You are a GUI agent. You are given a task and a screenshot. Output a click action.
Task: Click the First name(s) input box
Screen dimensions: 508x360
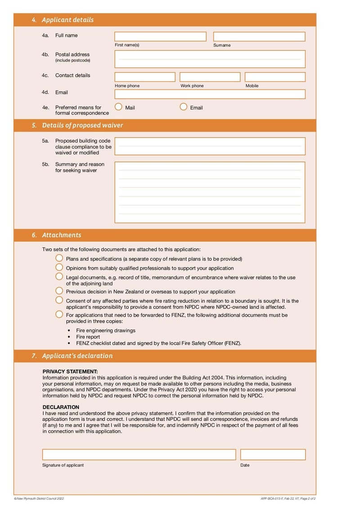pos(160,37)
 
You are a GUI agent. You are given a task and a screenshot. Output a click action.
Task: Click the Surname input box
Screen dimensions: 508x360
pos(259,37)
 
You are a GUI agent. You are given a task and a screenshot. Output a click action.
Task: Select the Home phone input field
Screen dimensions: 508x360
pos(145,77)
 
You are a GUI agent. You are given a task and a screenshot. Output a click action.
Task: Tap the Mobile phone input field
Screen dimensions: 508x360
pos(275,77)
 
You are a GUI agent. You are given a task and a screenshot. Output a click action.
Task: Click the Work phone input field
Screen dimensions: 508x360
pos(210,77)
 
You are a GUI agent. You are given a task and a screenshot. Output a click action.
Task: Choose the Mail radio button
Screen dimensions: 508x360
pos(118,107)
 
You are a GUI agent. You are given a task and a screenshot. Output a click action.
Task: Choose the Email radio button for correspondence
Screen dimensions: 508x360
pos(184,107)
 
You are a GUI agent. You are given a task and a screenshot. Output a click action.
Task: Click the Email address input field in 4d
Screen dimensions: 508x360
pos(210,94)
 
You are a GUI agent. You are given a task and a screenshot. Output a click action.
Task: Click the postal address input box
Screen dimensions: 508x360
pos(210,59)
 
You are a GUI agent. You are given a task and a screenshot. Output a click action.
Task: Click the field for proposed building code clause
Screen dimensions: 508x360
pos(210,147)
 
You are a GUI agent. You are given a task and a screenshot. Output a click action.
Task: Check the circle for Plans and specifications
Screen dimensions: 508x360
pos(59,258)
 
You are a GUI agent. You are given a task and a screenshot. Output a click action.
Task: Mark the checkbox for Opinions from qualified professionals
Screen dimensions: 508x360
pos(59,267)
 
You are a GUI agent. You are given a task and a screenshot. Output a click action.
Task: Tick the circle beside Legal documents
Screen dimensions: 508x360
pos(59,277)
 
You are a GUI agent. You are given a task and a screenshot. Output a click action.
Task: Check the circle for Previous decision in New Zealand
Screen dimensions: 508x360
pos(59,291)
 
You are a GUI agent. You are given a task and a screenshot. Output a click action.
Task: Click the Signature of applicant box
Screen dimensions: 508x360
pos(139,455)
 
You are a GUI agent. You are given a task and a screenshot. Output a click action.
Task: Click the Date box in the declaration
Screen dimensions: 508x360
pos(273,455)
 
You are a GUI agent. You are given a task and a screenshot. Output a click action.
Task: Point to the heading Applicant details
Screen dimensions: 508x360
pos(67,20)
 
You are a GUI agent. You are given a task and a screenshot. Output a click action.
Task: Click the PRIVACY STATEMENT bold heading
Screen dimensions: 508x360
pos(70,372)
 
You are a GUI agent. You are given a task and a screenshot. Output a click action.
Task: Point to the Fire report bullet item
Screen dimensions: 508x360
pos(88,337)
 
